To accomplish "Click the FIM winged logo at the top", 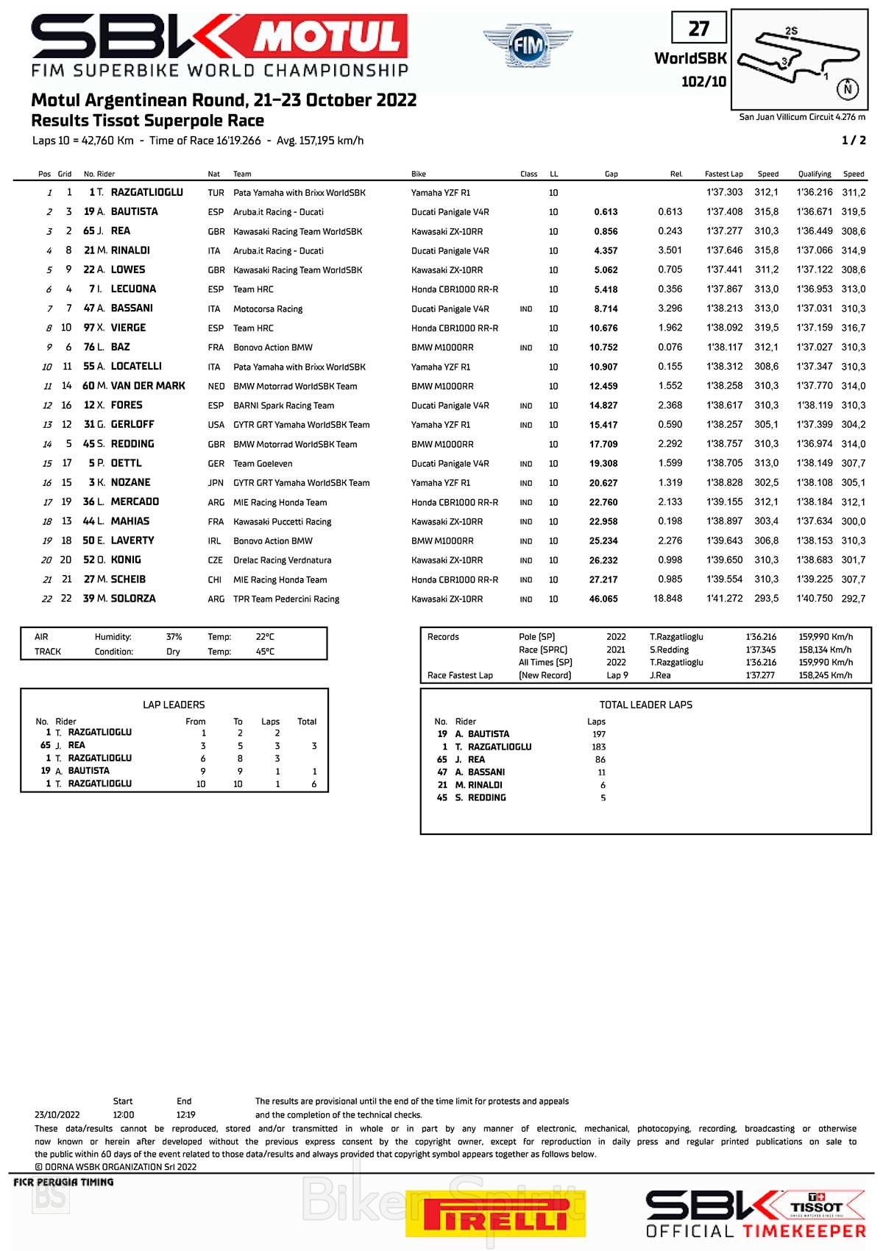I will [x=528, y=46].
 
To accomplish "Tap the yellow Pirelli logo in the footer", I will [x=495, y=1213].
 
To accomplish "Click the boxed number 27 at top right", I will [x=698, y=29].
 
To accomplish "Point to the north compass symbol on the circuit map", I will [x=848, y=88].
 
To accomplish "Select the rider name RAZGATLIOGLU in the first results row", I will [x=146, y=192].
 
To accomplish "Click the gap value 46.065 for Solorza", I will [x=603, y=599].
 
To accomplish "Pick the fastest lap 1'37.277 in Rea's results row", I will [x=724, y=231].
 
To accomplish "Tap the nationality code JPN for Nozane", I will [x=216, y=483].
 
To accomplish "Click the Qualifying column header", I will [x=815, y=175].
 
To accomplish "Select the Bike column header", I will [x=419, y=175].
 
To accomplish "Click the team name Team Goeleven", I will [x=263, y=464].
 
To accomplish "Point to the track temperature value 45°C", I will [x=265, y=652].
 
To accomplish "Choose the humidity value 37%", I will [x=174, y=637].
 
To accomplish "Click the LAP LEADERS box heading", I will [x=174, y=705].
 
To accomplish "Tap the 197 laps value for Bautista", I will [x=599, y=734].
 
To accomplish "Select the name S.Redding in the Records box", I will [x=669, y=650].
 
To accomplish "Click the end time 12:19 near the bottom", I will [x=185, y=1115].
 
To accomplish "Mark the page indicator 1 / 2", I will [x=854, y=141].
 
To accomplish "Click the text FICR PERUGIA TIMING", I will [x=63, y=1182].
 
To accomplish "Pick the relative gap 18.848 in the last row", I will [x=667, y=599].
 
